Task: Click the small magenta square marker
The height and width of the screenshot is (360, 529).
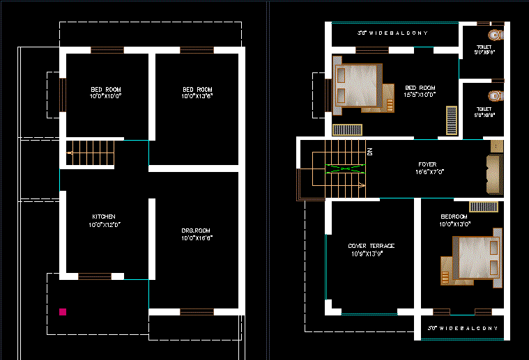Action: (x=63, y=312)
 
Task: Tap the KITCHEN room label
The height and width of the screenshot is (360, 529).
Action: (x=104, y=217)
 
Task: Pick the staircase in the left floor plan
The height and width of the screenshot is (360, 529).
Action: (x=90, y=153)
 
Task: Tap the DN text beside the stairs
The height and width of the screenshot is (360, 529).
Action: (x=370, y=151)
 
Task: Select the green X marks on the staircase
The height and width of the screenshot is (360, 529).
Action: (x=345, y=169)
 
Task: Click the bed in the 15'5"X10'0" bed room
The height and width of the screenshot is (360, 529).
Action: (x=360, y=88)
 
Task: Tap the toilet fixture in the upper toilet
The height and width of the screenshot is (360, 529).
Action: (x=495, y=34)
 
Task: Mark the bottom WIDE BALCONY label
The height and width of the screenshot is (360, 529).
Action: (x=462, y=327)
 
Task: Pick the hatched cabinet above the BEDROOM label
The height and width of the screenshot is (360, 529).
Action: (x=483, y=207)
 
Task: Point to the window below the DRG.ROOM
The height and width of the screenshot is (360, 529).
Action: (x=197, y=312)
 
